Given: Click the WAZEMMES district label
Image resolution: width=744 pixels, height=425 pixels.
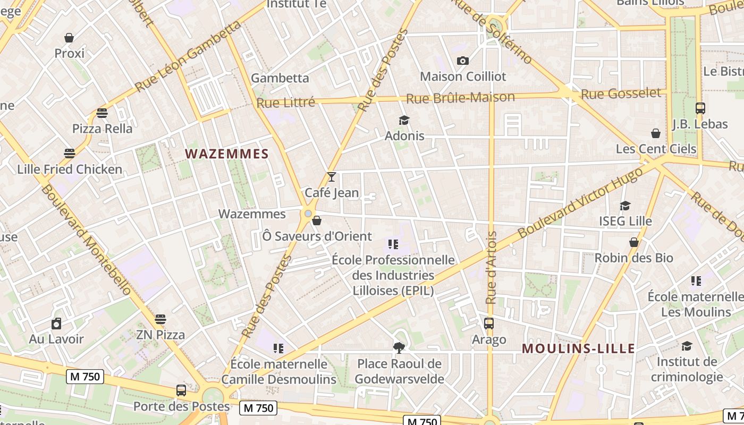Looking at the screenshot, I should [227, 154].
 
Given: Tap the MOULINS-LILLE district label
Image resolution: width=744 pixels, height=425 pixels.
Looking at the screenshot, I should [578, 348].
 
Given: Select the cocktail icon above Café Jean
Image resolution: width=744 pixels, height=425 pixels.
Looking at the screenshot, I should [332, 176].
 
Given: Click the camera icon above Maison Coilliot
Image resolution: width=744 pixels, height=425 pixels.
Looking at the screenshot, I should [463, 61].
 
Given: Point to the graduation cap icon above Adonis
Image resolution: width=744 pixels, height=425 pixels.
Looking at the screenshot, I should [404, 120].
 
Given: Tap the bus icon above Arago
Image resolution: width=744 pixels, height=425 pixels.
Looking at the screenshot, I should [489, 323].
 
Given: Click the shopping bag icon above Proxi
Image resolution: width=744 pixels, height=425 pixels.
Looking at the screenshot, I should [69, 38].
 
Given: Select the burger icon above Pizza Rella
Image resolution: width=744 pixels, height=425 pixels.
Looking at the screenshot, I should [102, 113].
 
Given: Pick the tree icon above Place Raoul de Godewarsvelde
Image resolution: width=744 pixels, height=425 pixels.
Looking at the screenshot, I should [399, 348].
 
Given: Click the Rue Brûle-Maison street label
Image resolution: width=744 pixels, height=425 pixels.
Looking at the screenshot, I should [460, 98].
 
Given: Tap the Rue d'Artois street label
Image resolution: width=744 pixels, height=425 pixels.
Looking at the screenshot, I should [492, 268].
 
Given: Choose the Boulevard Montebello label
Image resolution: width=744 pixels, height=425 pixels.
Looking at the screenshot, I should [86, 240].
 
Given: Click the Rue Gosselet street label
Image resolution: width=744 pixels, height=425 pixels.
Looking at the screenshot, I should [621, 94].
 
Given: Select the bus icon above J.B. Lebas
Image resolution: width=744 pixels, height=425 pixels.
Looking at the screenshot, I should [700, 108].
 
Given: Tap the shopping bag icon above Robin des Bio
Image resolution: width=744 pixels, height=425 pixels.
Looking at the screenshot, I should [633, 242].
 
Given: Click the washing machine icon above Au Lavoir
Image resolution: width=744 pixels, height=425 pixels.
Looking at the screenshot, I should [56, 324].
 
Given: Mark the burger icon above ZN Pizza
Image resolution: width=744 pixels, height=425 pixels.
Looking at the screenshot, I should [160, 319].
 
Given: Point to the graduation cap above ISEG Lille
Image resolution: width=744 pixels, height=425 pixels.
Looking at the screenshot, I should [625, 206].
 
